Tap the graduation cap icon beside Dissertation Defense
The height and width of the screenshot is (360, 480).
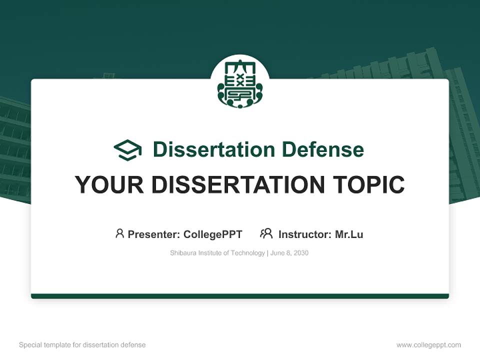pyautogui.click(x=127, y=149)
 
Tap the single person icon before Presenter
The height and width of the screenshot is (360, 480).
pyautogui.click(x=119, y=233)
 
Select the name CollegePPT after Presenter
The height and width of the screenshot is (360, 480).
pyautogui.click(x=213, y=234)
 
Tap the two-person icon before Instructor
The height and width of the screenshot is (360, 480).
pyautogui.click(x=266, y=233)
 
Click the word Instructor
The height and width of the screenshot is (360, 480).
pyautogui.click(x=304, y=234)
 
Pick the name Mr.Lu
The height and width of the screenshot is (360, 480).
pyautogui.click(x=349, y=234)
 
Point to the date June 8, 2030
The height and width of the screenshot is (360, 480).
pyautogui.click(x=289, y=253)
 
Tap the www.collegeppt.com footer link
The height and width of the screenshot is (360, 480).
pyautogui.click(x=428, y=345)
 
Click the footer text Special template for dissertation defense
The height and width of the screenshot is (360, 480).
pyautogui.click(x=82, y=345)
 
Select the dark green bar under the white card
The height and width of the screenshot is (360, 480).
pyautogui.click(x=240, y=296)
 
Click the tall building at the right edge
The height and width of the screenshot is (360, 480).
pyautogui.click(x=462, y=140)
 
